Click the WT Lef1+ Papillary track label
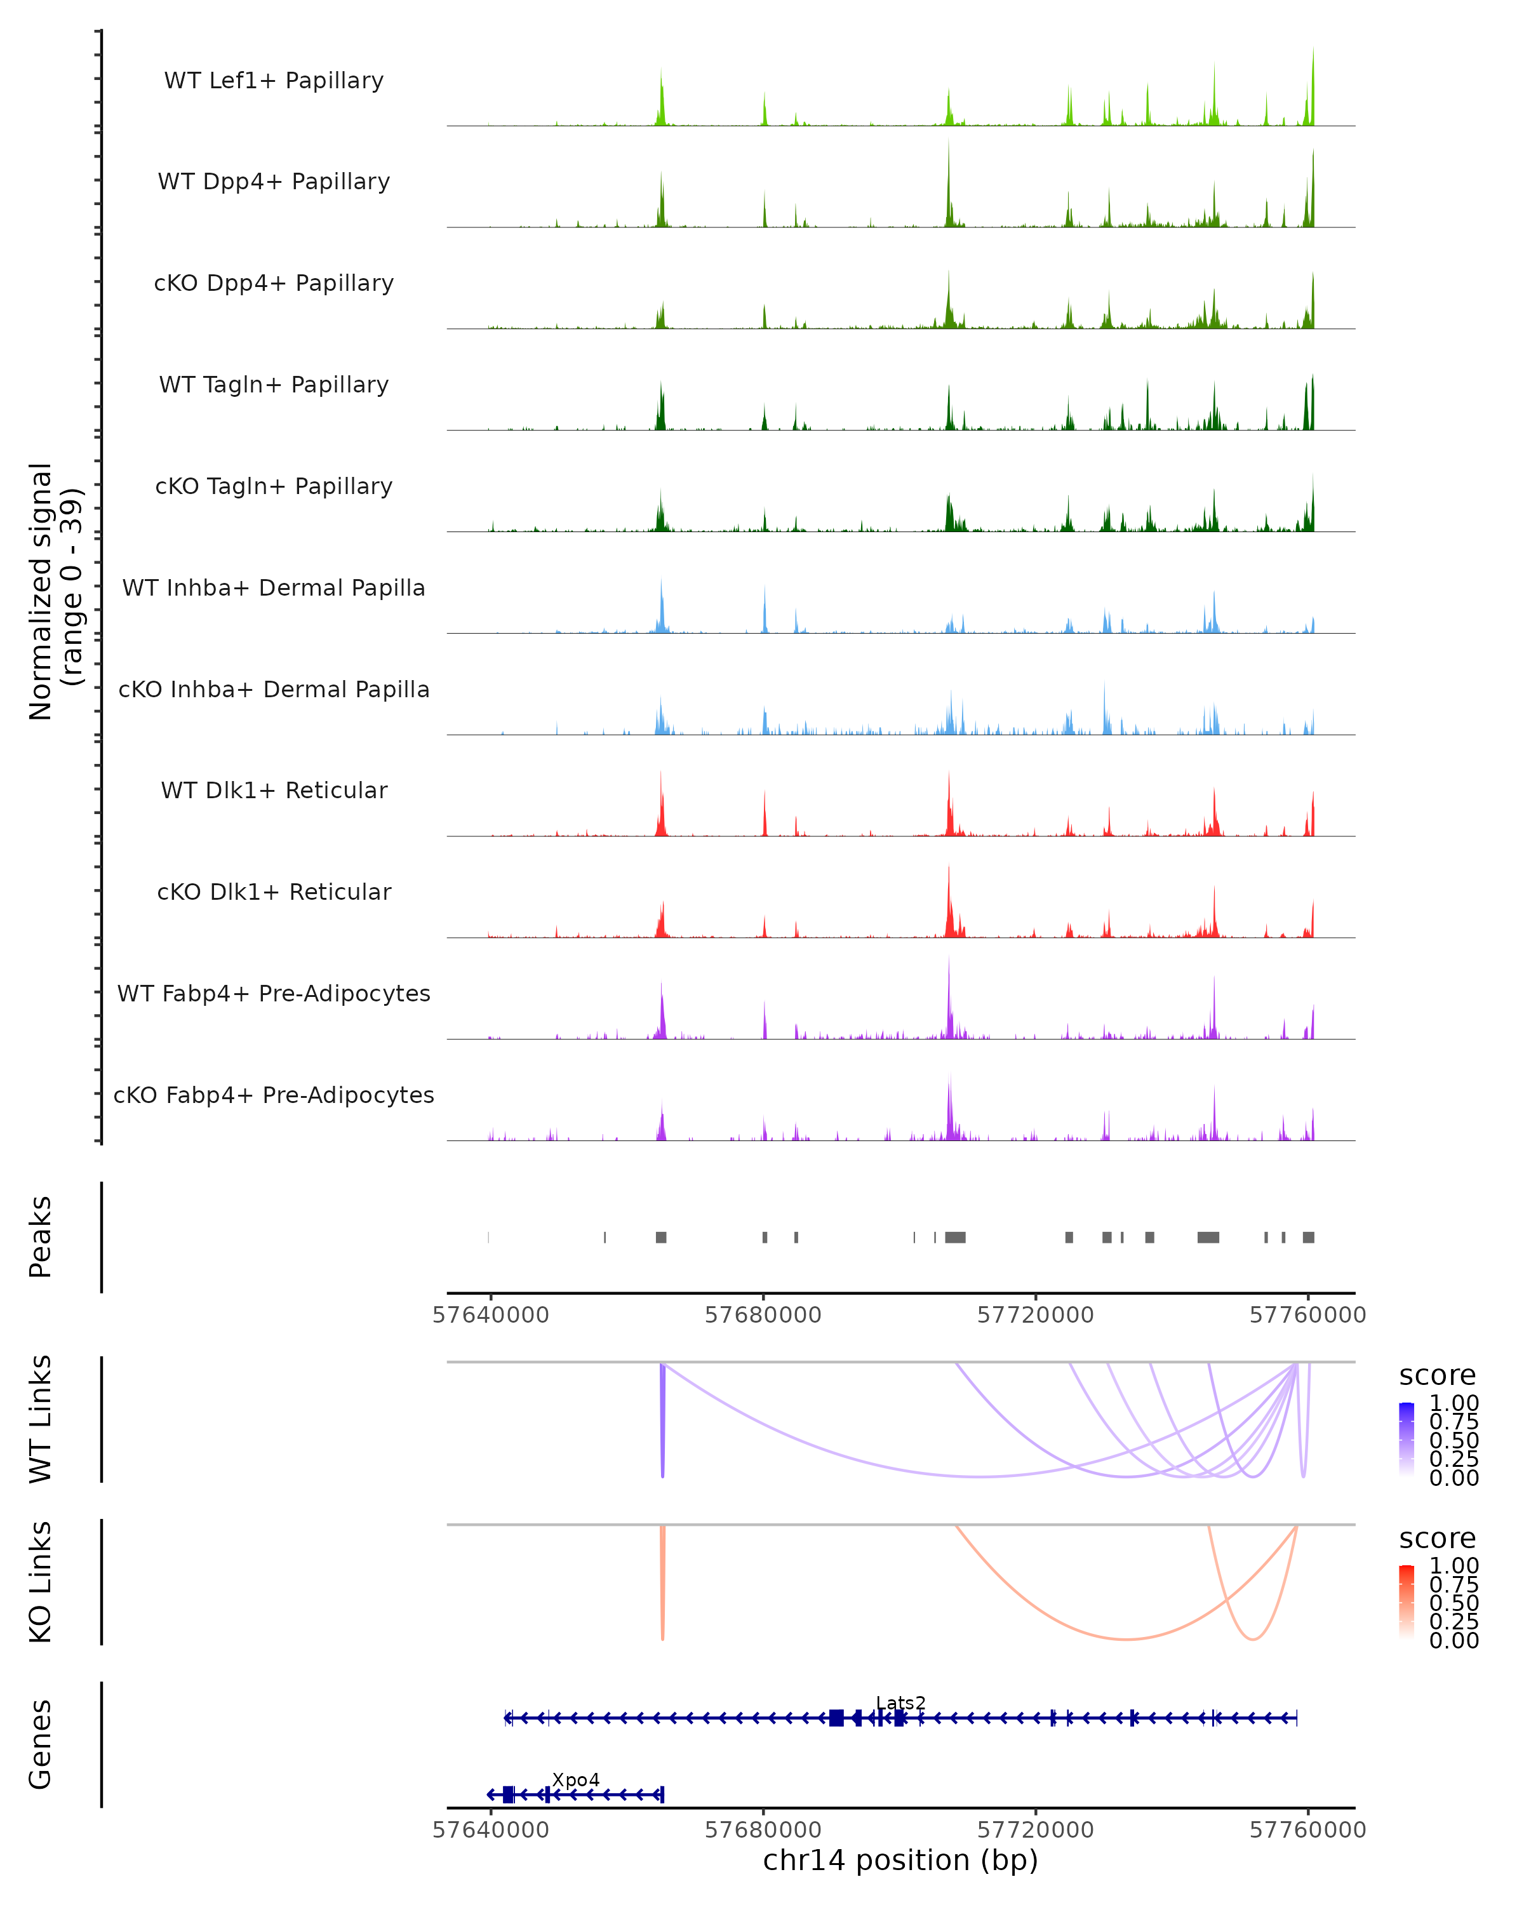(x=274, y=81)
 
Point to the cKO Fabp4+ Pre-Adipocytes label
(x=274, y=1095)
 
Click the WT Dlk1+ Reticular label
(x=274, y=790)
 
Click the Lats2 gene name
(x=900, y=1702)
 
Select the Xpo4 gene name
(x=575, y=1779)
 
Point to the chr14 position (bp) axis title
(x=900, y=1860)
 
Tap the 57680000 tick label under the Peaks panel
(x=763, y=1315)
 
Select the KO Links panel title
(x=41, y=1582)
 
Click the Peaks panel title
(x=41, y=1237)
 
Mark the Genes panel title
(x=41, y=1744)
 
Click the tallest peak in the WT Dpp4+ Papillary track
(x=948, y=146)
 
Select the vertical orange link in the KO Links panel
(x=662, y=1582)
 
